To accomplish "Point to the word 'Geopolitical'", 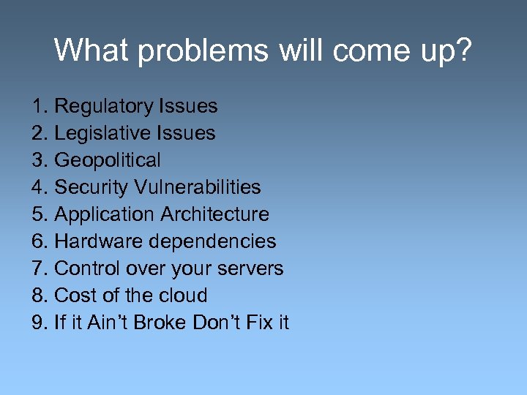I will [x=108, y=160].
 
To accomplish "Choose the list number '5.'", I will [x=40, y=214].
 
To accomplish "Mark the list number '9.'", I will [x=40, y=323].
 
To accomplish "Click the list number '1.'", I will [x=40, y=107].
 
